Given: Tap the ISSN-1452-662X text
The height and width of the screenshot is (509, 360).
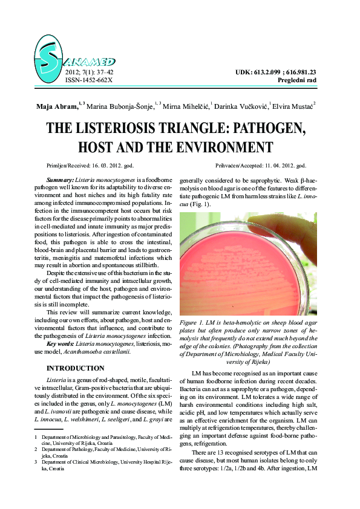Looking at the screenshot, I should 88,80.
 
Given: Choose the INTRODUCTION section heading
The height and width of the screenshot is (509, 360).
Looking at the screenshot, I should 76,368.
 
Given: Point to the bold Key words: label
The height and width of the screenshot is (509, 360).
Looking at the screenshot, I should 66,343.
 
